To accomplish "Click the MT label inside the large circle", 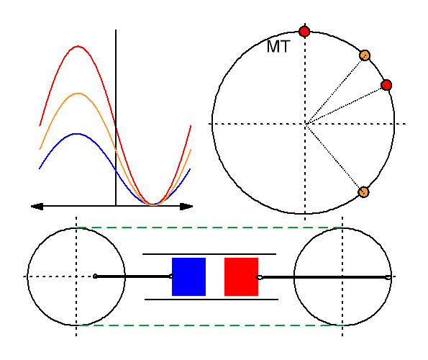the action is click(x=278, y=47).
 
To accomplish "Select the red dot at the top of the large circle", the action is click(x=304, y=32).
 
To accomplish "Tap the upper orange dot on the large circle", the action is click(x=365, y=55).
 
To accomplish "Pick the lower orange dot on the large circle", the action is click(x=363, y=192).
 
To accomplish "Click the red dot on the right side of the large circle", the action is click(x=386, y=85).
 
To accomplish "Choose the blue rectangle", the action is click(x=188, y=276).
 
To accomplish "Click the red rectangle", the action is click(x=241, y=276).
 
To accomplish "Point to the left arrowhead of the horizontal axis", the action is click(x=37, y=207).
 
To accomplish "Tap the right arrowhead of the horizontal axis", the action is click(x=186, y=207).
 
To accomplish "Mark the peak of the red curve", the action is click(x=78, y=46).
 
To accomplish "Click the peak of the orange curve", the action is click(x=78, y=94).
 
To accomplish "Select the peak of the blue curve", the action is click(x=77, y=134).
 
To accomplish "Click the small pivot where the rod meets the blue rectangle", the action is click(x=171, y=276).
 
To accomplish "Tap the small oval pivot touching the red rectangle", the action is click(x=259, y=277).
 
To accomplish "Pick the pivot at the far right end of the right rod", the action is click(x=388, y=277).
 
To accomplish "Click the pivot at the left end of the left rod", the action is click(x=95, y=276).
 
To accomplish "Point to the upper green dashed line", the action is click(x=209, y=228).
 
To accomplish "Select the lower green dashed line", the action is click(x=209, y=325).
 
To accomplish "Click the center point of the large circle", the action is click(x=305, y=124).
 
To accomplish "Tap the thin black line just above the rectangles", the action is click(x=209, y=254).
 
